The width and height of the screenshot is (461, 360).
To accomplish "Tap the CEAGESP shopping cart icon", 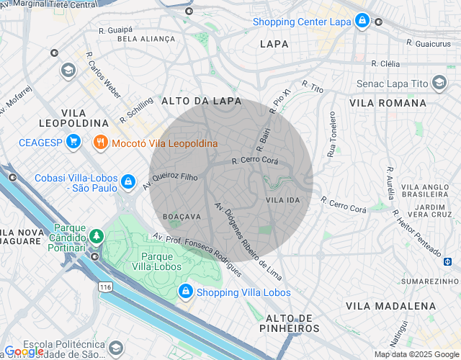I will pos(72,142).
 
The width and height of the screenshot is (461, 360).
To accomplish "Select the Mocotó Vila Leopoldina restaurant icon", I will pos(100,143).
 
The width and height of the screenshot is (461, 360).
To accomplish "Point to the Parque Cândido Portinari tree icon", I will pos(95,236).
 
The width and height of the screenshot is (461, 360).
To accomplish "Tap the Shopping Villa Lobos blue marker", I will pos(185,292).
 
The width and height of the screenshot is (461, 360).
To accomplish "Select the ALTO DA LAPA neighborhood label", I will pos(201,102).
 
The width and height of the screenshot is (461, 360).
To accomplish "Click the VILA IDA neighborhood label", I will pos(282,199).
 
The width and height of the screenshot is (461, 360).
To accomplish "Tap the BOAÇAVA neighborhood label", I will pos(182,216).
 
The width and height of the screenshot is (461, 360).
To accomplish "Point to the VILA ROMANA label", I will pos(388,103).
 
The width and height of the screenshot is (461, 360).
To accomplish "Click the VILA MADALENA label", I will pos(390,306).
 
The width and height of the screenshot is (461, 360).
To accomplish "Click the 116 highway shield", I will pos(107,287).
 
